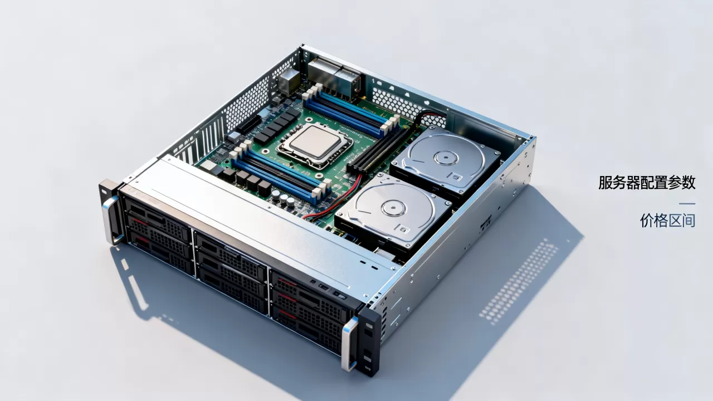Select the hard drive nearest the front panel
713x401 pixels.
(393, 212)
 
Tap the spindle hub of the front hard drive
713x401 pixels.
(394, 208)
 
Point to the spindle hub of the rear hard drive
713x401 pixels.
(446, 158)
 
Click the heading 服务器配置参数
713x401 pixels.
(647, 183)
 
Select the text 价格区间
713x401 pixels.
(667, 221)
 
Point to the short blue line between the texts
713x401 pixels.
(687, 204)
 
